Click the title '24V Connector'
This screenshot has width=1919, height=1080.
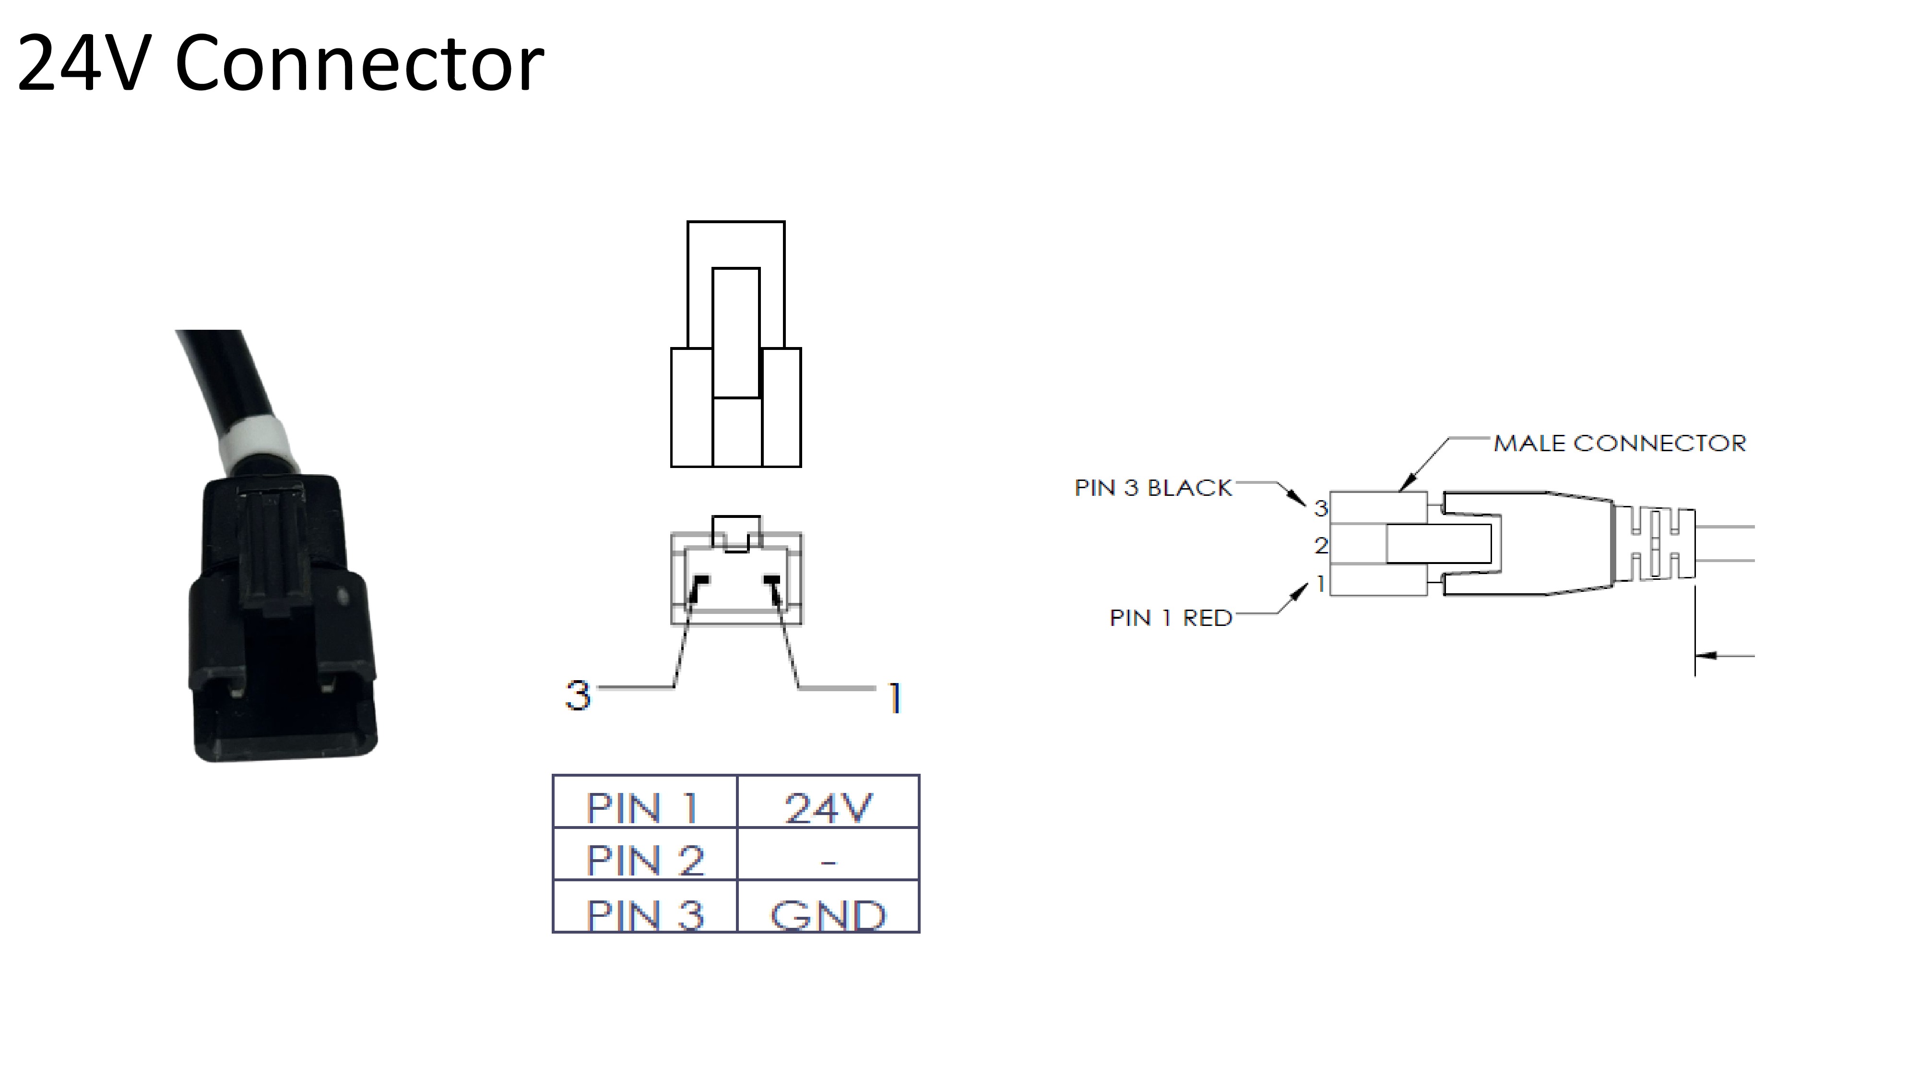[x=280, y=64]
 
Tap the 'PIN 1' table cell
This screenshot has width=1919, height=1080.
[x=644, y=801]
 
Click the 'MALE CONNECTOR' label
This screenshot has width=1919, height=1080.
[x=1620, y=444]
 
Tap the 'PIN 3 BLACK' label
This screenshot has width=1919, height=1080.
[x=1153, y=488]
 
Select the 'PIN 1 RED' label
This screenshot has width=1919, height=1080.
[x=1170, y=618]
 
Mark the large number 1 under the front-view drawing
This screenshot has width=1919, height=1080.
[x=895, y=698]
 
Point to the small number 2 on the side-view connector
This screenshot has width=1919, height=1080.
[x=1321, y=546]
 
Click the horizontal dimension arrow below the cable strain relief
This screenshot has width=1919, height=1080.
[x=1725, y=656]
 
